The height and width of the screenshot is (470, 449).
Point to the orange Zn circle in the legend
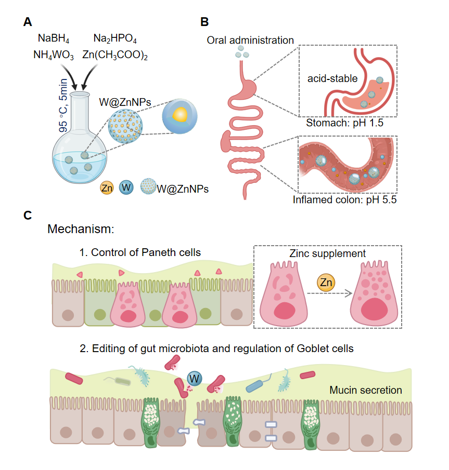click(x=107, y=188)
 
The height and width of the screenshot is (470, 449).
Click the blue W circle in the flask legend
click(x=126, y=187)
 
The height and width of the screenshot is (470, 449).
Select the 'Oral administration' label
click(x=250, y=40)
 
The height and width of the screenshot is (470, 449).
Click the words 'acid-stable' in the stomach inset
click(x=332, y=78)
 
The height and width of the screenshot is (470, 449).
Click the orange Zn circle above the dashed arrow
click(x=325, y=283)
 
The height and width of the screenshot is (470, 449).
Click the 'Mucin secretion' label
click(x=366, y=390)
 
